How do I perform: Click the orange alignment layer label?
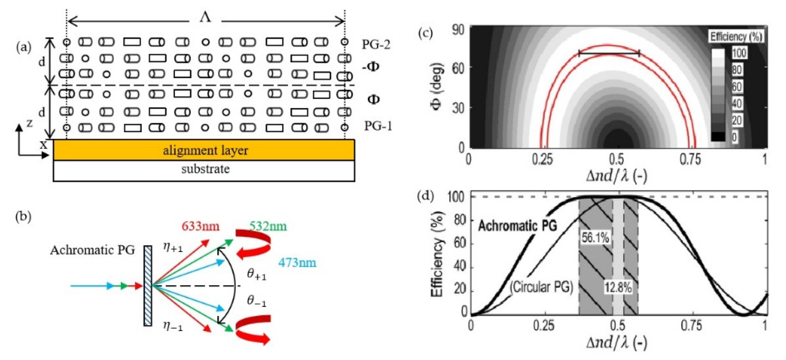click(x=205, y=151)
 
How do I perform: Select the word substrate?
click(x=205, y=169)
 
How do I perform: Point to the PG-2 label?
click(x=376, y=45)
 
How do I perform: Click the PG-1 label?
click(x=378, y=126)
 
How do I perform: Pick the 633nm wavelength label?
click(x=200, y=227)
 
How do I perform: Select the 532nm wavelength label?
click(x=268, y=226)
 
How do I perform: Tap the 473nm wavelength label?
click(x=297, y=263)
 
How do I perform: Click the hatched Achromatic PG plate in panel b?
click(x=148, y=286)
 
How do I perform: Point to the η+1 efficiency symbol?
click(x=173, y=247)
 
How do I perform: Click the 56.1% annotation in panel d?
click(x=595, y=238)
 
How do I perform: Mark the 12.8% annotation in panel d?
click(x=618, y=287)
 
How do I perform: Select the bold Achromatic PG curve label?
click(x=518, y=226)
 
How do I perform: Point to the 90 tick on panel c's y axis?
click(x=458, y=30)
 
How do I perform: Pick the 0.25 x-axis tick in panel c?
click(x=542, y=159)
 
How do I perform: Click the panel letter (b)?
click(x=23, y=217)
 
